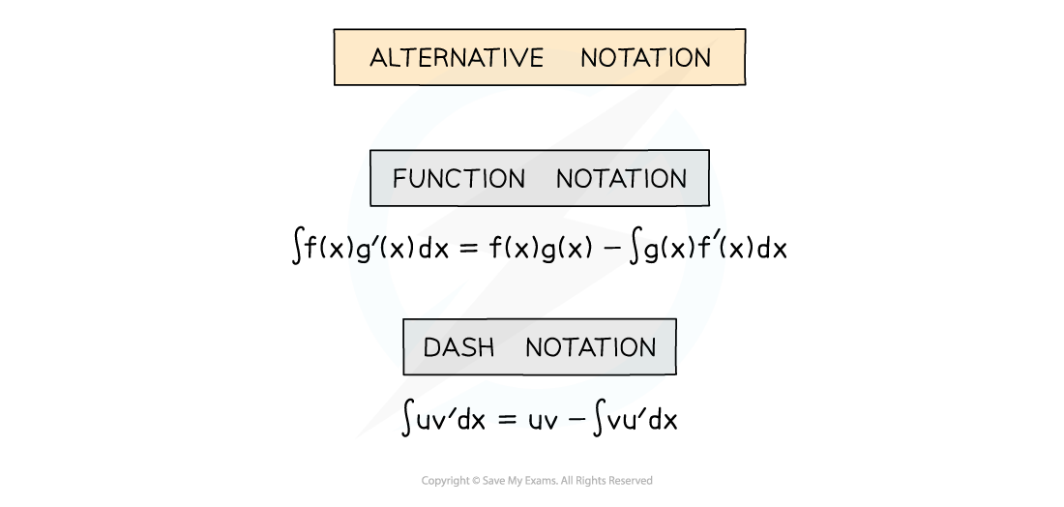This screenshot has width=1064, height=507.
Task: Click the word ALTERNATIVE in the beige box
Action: pyautogui.click(x=457, y=58)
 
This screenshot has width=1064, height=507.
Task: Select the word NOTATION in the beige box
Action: pyautogui.click(x=645, y=58)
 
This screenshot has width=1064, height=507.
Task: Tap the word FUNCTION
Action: pyautogui.click(x=458, y=179)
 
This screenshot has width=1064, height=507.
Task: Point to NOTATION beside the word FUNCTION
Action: pyautogui.click(x=621, y=179)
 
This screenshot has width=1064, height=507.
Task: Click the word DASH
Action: pyautogui.click(x=458, y=347)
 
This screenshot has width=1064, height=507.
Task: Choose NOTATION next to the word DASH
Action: pyautogui.click(x=590, y=347)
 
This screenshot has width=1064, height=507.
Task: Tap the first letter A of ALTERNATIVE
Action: pyautogui.click(x=379, y=58)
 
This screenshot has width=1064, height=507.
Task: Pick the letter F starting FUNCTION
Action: pyautogui.click(x=399, y=179)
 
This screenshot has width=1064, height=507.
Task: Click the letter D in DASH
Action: pyautogui.click(x=431, y=347)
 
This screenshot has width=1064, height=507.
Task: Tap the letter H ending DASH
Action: pyautogui.click(x=486, y=347)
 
